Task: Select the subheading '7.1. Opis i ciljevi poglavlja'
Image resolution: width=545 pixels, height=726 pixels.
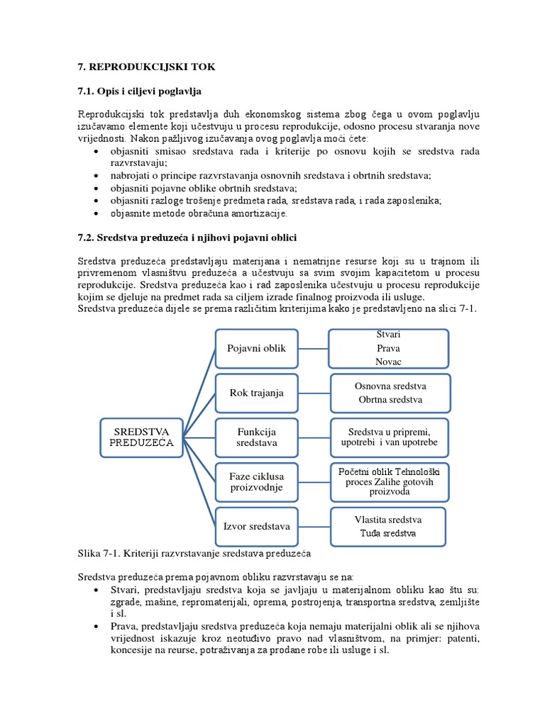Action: point(140,91)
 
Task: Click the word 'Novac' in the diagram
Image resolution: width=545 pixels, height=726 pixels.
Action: point(388,362)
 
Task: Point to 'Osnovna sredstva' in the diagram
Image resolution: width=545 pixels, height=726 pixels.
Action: point(390,386)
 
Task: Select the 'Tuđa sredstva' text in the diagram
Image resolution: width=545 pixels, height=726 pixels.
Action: point(388,532)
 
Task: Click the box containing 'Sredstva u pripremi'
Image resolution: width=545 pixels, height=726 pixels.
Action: point(390,437)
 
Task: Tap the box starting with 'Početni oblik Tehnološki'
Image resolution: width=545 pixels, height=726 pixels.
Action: point(390,481)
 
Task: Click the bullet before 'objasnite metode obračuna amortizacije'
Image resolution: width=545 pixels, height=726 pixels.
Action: point(97,213)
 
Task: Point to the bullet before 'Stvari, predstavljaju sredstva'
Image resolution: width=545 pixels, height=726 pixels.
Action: point(97,590)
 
